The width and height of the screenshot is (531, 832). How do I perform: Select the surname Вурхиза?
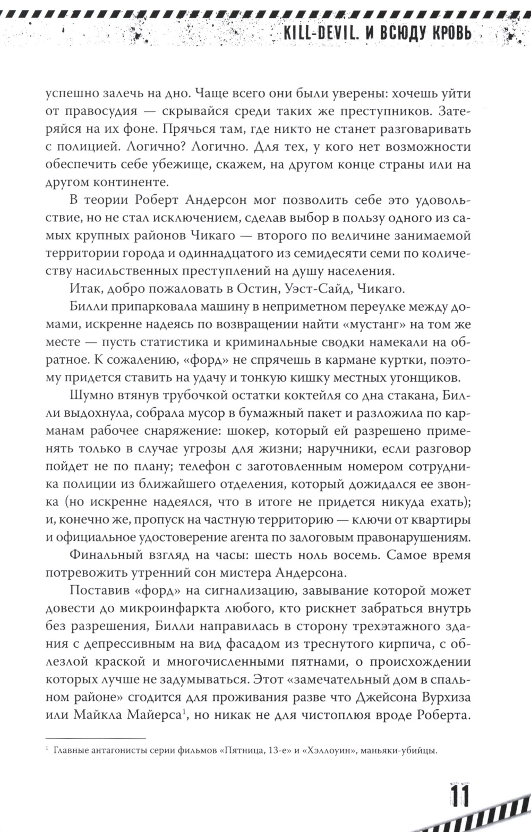tap(444, 697)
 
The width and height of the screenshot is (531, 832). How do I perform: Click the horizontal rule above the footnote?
tap(96, 738)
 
